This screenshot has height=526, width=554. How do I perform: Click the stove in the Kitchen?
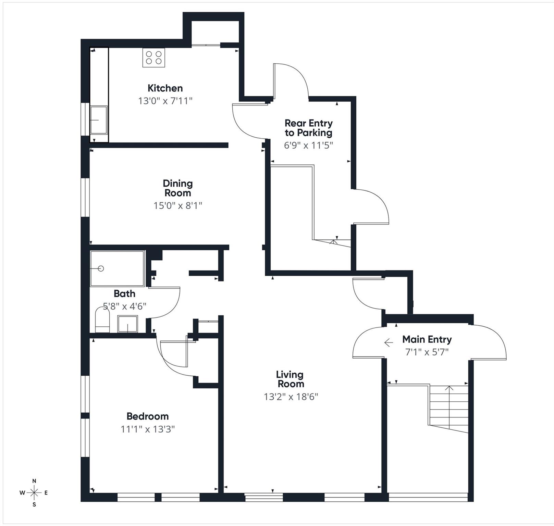[153, 58]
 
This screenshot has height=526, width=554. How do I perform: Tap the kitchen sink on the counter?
[98, 120]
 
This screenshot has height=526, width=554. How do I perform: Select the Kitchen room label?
[165, 88]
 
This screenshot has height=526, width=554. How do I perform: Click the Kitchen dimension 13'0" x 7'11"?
[165, 101]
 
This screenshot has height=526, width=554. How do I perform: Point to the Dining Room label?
[177, 188]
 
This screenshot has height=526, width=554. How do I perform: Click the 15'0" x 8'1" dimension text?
[177, 205]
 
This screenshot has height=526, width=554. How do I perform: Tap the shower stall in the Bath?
[117, 268]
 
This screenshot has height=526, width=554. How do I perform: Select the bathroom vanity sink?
[127, 324]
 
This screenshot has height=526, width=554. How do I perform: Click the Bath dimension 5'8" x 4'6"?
[125, 306]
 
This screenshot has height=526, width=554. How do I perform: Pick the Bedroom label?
[147, 416]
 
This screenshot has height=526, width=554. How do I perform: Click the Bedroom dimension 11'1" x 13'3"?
[147, 429]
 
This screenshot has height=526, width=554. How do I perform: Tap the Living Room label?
[290, 379]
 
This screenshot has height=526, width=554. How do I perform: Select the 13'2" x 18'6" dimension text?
[291, 397]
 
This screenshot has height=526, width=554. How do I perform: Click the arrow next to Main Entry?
[389, 342]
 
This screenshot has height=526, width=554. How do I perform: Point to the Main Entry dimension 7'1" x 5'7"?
[427, 352]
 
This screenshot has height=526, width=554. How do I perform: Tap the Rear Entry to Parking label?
[308, 128]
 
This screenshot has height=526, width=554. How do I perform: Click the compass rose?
[34, 493]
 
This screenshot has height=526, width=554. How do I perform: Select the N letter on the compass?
[34, 481]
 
